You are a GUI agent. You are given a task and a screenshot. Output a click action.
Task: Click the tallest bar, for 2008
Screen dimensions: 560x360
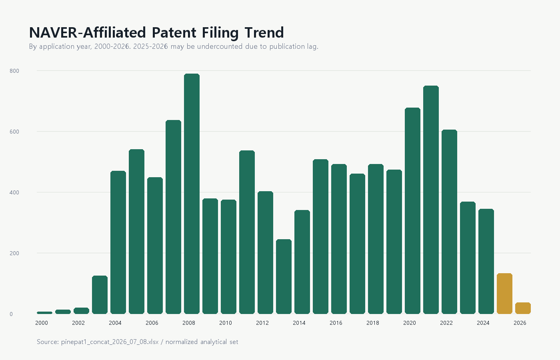[x=192, y=194]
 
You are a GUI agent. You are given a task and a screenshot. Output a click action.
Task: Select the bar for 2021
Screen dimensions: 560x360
[x=431, y=200]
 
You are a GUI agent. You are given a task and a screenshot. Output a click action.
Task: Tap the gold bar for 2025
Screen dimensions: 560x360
[x=504, y=294]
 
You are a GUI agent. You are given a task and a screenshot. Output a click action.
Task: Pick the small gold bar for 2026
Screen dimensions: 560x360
[x=523, y=308]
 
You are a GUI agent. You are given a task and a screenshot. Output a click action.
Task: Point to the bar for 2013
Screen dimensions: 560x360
[x=284, y=276]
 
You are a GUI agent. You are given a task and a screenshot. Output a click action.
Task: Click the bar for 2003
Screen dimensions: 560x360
[x=100, y=295]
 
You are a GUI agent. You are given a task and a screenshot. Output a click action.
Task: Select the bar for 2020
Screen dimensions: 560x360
[x=412, y=211]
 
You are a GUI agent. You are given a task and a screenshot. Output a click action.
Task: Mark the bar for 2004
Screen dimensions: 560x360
[x=118, y=242]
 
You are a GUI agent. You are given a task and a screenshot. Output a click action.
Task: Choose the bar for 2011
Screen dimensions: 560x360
[x=247, y=232]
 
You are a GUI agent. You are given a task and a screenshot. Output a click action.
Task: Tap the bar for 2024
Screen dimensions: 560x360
[x=486, y=261]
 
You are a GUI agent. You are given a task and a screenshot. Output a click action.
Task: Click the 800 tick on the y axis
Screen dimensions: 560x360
[x=14, y=71]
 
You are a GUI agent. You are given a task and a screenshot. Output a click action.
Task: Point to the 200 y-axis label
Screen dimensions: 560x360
[x=14, y=253]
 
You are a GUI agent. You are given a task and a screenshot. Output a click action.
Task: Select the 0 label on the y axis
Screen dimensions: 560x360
[x=11, y=314]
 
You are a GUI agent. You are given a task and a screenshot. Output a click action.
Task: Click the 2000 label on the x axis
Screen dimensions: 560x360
[x=42, y=323]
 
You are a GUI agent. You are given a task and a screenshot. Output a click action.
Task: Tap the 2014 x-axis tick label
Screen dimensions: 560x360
[x=299, y=323]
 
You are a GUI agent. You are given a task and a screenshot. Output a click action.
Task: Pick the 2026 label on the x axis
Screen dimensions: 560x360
[x=520, y=323]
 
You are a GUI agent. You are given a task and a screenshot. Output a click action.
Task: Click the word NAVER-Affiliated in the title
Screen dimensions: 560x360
[x=88, y=33]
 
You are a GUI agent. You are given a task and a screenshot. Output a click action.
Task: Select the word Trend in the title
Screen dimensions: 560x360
[x=264, y=33]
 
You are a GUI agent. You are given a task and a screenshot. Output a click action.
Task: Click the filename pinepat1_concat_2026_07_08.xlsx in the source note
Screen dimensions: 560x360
[x=110, y=342]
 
